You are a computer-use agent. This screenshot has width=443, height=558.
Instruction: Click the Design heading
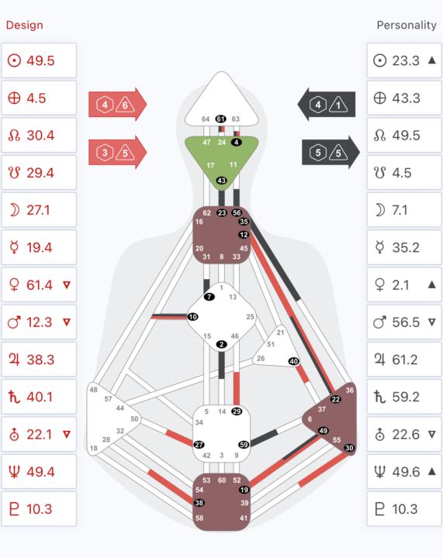(x=25, y=26)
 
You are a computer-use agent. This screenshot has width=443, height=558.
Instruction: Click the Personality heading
(x=407, y=26)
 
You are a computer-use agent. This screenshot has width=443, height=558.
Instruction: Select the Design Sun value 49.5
(x=40, y=60)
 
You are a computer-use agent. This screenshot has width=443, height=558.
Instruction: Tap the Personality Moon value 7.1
(x=400, y=210)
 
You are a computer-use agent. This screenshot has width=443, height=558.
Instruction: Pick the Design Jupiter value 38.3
(x=40, y=360)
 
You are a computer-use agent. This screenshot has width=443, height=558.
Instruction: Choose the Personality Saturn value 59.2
(x=406, y=397)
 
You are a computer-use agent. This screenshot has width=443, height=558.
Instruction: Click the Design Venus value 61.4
(x=39, y=284)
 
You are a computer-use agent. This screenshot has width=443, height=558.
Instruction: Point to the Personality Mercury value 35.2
(x=406, y=247)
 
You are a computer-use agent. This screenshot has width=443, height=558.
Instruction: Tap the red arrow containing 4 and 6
(x=117, y=105)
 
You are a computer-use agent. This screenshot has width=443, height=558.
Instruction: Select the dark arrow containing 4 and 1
(x=326, y=105)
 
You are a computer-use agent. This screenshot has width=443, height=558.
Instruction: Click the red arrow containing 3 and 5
(x=117, y=153)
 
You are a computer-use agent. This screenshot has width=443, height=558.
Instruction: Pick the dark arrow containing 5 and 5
(x=331, y=153)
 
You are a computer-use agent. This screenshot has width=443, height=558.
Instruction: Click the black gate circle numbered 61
(x=221, y=119)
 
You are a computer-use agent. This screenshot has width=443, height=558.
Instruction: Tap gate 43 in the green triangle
(x=222, y=181)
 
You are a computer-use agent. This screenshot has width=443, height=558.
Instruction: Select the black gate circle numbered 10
(x=192, y=317)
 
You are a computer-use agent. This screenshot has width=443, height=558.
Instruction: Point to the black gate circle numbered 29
(x=237, y=412)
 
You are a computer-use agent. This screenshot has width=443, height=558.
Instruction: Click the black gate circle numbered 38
(x=199, y=503)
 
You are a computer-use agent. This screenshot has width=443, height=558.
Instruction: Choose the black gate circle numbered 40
(x=294, y=361)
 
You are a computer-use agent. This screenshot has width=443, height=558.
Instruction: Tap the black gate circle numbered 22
(x=335, y=399)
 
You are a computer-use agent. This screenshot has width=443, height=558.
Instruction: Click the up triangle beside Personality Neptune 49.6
(x=431, y=471)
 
